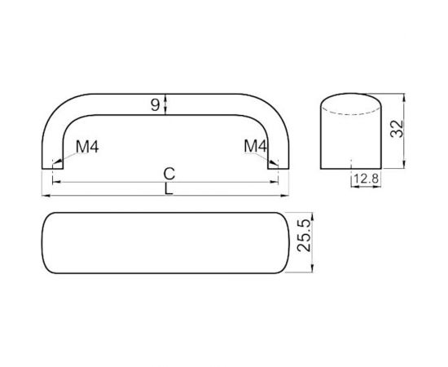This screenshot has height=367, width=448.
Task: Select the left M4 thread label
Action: (87, 147)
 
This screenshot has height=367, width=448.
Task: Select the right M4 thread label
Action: (255, 146)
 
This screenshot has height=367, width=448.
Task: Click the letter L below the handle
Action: (168, 189)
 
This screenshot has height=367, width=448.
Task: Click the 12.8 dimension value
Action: (363, 178)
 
